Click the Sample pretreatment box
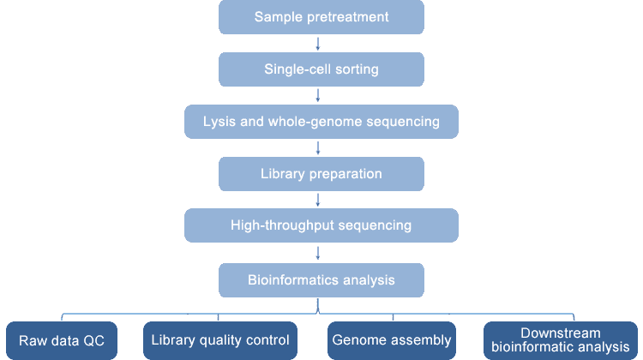click(x=321, y=17)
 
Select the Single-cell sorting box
click(x=321, y=69)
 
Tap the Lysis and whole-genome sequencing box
click(x=321, y=122)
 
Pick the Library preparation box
click(x=321, y=174)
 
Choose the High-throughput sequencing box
click(x=321, y=225)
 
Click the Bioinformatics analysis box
click(x=321, y=280)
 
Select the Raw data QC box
click(x=62, y=341)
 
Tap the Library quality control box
click(x=220, y=341)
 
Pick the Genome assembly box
click(x=392, y=341)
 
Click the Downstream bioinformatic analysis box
click(x=561, y=341)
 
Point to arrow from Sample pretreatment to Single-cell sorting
click(x=318, y=44)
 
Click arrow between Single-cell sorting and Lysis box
click(x=318, y=95)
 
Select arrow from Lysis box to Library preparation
click(x=318, y=148)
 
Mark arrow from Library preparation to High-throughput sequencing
click(x=318, y=200)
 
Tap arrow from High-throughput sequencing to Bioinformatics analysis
click(x=318, y=253)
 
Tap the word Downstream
click(x=561, y=333)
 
